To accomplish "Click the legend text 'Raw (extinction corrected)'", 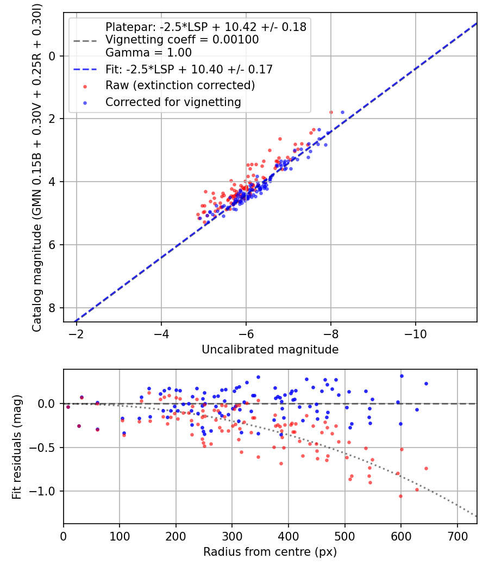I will [x=180, y=85].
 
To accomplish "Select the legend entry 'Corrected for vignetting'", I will [x=173, y=102].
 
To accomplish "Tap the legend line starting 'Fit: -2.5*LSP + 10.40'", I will [x=189, y=69].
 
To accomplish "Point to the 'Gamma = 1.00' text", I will [x=148, y=53].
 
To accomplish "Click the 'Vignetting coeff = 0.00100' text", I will [x=182, y=40].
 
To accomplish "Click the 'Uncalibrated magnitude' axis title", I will [x=270, y=350].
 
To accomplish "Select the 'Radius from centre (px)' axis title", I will [x=270, y=552].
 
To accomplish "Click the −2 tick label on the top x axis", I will [x=77, y=332].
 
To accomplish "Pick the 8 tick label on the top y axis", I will [x=52, y=308].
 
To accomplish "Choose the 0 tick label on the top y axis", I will [x=52, y=56].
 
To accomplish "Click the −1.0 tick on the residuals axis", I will [x=45, y=492].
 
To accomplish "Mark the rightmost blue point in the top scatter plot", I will [x=342, y=112].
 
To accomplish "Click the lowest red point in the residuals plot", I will [x=400, y=496].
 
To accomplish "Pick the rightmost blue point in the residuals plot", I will [x=426, y=383].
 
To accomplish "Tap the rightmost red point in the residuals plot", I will [x=426, y=468].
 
